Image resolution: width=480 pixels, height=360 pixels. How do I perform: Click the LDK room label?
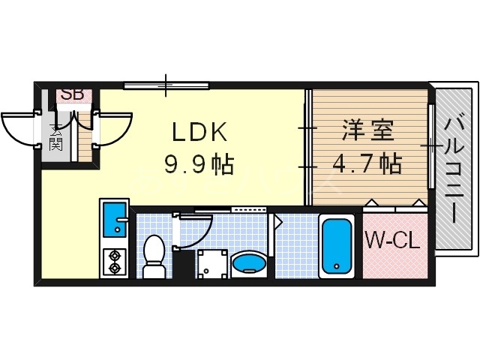coord(199,133)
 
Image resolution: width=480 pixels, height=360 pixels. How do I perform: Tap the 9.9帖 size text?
coord(200,163)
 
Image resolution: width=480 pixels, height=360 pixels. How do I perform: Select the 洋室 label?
coord(367,131)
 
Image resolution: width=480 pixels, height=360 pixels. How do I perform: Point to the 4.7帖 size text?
coord(367,163)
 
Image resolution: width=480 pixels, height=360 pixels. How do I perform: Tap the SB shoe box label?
coord(72,94)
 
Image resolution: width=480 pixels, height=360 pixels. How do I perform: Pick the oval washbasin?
coord(248,262)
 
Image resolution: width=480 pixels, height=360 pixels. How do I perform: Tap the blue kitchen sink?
coord(114,219)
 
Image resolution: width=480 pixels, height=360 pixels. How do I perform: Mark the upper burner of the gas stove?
coord(114,254)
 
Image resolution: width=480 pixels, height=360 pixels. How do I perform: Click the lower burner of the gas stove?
coord(114,266)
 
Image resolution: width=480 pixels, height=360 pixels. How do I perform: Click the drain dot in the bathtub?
coord(337,266)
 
